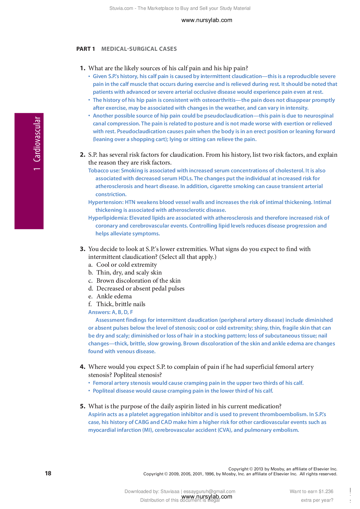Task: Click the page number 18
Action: point(48,473)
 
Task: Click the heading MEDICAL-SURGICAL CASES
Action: point(139,49)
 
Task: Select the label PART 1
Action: point(85,49)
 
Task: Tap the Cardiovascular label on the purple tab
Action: point(37,139)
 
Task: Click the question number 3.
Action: point(82,249)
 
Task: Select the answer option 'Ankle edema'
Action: point(114,296)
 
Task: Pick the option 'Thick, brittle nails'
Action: point(121,304)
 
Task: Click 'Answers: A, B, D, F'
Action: point(110,312)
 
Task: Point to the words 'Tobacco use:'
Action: point(104,171)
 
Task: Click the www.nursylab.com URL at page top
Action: point(206,20)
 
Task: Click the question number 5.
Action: point(82,406)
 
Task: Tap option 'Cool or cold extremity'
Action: point(127,265)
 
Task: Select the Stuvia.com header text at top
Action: point(180,8)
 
